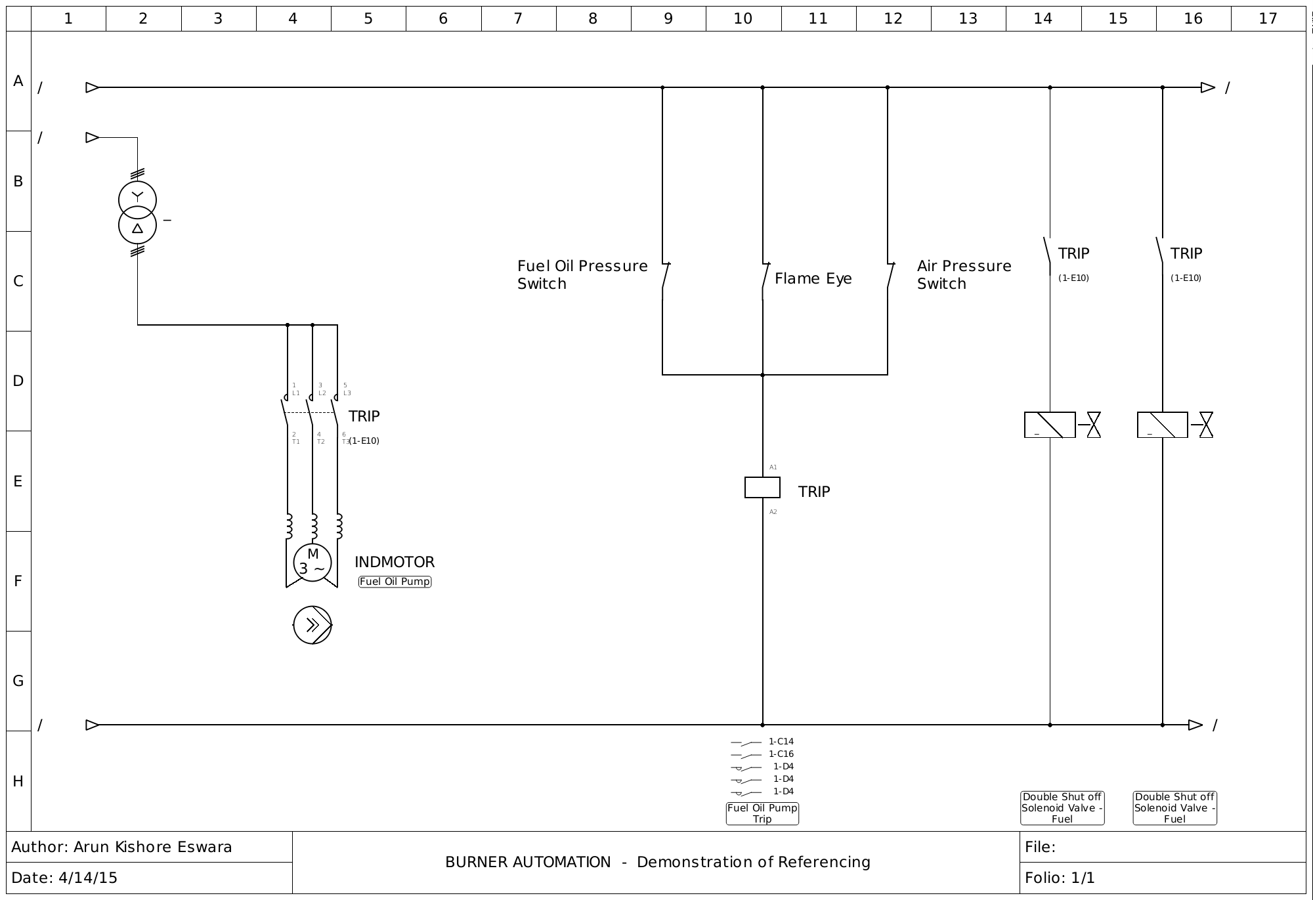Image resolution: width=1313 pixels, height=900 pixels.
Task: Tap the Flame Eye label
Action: [813, 278]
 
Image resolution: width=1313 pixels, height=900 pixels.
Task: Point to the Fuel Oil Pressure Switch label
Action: [582, 274]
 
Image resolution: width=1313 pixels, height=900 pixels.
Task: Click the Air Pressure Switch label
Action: [964, 274]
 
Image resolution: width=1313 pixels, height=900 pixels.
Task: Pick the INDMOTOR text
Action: [395, 562]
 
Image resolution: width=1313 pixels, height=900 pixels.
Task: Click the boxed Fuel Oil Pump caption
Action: [395, 582]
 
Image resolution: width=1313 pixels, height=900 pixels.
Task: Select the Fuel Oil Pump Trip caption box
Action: [762, 813]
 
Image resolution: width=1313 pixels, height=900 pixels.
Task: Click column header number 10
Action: [743, 18]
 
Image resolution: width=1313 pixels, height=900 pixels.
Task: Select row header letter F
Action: [18, 581]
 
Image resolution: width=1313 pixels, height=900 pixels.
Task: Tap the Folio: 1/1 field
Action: [1060, 878]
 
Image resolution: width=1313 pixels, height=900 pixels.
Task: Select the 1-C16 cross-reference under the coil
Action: [781, 754]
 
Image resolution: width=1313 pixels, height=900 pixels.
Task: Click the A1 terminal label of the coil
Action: [773, 467]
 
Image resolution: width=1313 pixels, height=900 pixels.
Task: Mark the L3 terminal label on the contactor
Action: [347, 393]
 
